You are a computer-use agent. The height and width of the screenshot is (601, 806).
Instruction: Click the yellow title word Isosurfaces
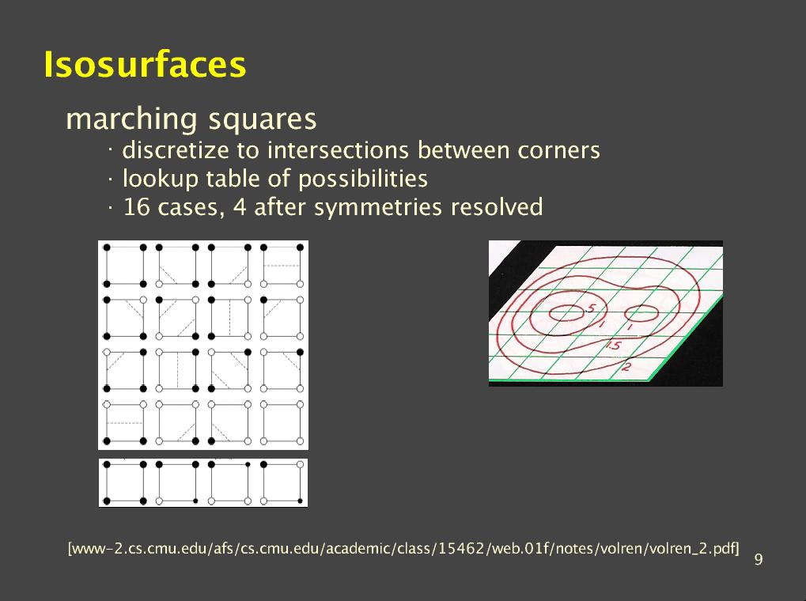(x=145, y=64)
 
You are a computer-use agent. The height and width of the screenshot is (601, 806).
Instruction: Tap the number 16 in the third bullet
(x=137, y=207)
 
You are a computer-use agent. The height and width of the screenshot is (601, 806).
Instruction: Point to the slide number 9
(x=759, y=559)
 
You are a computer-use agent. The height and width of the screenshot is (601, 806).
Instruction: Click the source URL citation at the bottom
(x=403, y=549)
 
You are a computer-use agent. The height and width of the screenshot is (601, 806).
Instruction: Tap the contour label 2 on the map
(x=626, y=367)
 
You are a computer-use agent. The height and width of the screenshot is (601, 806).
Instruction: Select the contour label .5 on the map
(x=589, y=308)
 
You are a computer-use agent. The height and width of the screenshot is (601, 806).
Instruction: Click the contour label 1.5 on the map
(x=613, y=346)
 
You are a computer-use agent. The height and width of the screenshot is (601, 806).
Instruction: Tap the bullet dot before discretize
(x=110, y=151)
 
